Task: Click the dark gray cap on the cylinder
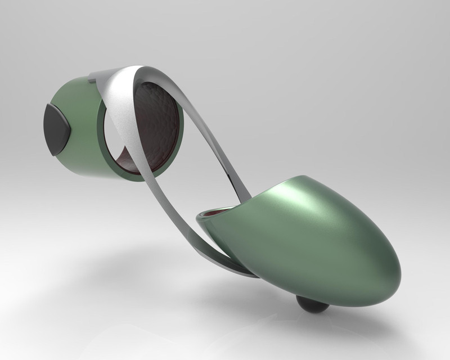coord(56,128)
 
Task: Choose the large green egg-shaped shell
coord(326,242)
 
